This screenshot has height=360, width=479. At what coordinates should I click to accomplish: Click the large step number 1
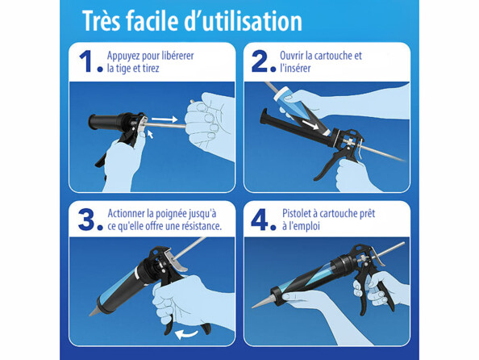(x=88, y=63)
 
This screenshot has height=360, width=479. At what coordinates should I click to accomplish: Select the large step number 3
(x=88, y=220)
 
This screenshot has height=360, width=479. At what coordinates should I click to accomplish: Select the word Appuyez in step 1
(x=126, y=56)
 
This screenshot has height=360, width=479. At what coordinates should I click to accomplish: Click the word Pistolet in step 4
(x=299, y=213)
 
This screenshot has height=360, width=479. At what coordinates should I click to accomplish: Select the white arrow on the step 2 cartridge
(x=311, y=125)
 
